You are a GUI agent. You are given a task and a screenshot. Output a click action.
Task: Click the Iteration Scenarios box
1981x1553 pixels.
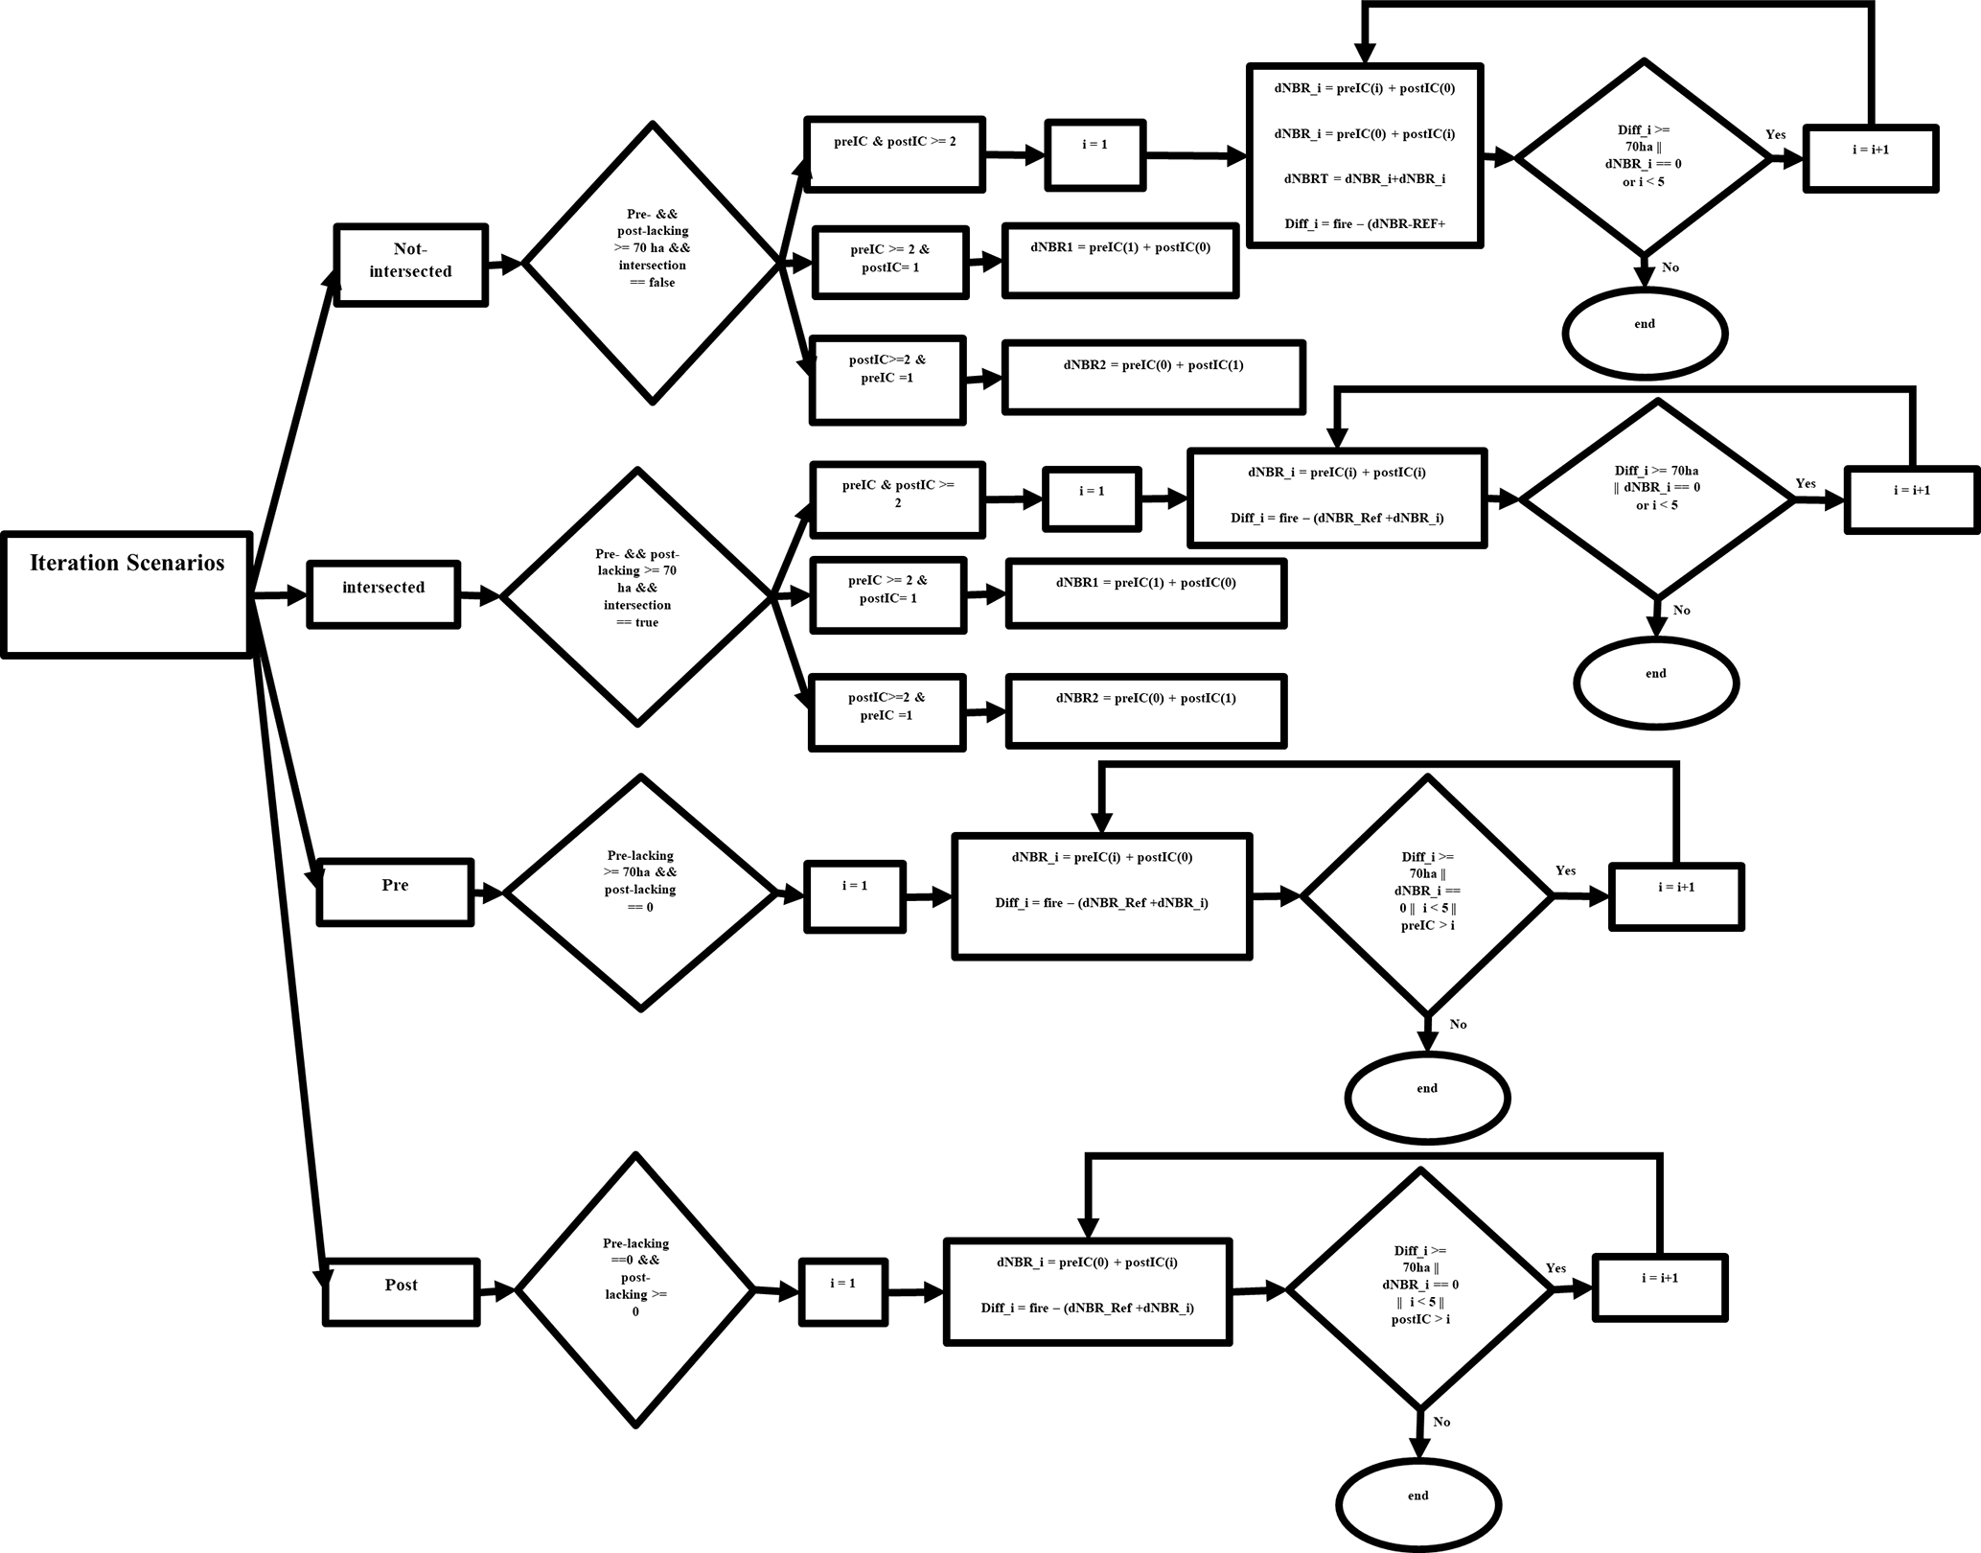click(127, 594)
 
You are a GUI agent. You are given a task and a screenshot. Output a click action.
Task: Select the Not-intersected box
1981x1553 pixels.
click(410, 265)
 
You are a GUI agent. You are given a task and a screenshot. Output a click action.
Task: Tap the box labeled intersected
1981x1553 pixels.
click(383, 594)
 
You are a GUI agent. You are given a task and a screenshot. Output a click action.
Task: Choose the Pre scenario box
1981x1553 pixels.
click(395, 892)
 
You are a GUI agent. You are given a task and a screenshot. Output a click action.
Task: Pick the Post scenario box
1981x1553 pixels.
click(401, 1291)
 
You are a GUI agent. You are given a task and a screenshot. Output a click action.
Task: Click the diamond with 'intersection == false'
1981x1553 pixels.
click(653, 263)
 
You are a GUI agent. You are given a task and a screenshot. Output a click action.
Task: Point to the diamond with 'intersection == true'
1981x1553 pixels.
click(637, 595)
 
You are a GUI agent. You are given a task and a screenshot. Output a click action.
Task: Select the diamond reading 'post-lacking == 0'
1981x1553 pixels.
click(640, 892)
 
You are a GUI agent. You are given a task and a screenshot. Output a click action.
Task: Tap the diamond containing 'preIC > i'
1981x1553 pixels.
click(1427, 894)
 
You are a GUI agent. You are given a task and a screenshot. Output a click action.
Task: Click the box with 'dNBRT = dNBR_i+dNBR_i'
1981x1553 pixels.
click(1365, 155)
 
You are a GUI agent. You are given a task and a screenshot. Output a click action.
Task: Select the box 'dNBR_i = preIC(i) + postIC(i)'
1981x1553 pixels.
click(1337, 498)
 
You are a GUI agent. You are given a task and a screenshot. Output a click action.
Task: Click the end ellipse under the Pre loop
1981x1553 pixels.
click(1427, 1097)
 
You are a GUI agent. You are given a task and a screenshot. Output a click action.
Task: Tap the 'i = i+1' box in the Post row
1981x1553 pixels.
click(1660, 1286)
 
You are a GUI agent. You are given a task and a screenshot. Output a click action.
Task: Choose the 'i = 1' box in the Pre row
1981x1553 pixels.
click(855, 895)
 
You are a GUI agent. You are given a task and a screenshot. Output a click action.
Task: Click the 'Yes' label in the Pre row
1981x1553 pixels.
click(1565, 870)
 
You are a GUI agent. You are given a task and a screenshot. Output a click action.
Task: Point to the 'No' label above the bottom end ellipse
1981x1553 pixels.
click(1441, 1422)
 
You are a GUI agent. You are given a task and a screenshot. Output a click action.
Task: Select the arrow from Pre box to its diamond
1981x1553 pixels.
click(488, 893)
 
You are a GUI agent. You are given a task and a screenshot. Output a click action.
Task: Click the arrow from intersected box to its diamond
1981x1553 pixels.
click(479, 596)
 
